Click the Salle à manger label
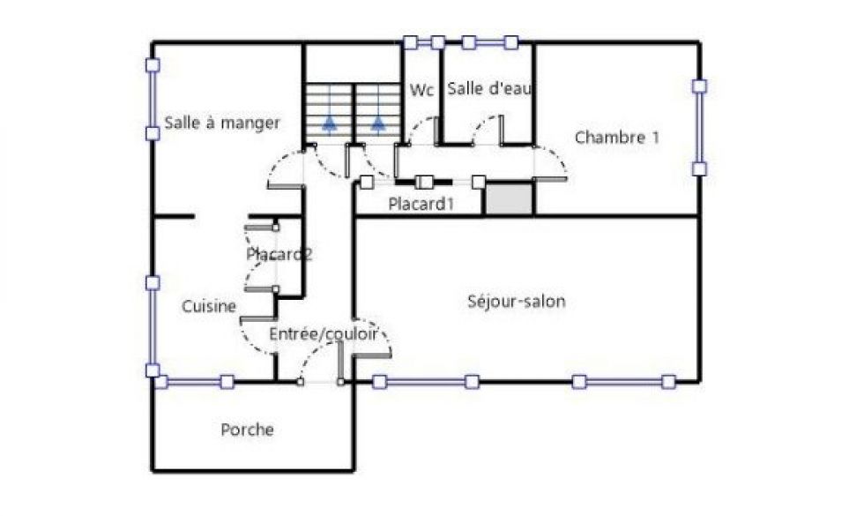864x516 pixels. click(222, 123)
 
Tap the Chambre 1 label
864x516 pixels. click(616, 138)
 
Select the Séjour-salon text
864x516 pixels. click(517, 302)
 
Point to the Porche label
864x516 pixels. click(247, 430)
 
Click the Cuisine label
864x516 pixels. click(209, 307)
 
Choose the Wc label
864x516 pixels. click(421, 90)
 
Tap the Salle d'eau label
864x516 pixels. click(489, 88)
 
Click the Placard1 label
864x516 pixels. click(421, 204)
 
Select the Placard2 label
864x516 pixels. click(279, 254)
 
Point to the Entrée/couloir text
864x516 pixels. click(324, 334)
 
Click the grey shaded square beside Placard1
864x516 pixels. click(509, 199)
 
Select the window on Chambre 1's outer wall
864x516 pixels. click(699, 127)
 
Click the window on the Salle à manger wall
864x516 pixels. click(153, 99)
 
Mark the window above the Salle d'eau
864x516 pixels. click(490, 42)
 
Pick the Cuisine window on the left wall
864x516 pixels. click(153, 326)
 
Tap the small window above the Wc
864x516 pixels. click(424, 42)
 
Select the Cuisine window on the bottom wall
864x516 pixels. click(194, 381)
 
